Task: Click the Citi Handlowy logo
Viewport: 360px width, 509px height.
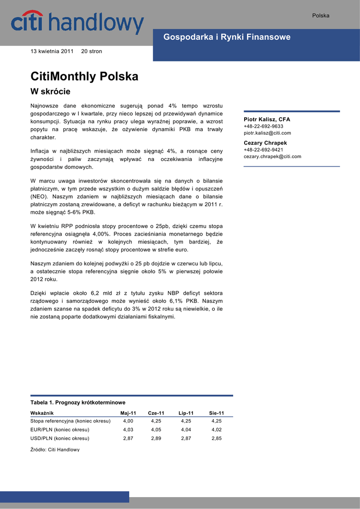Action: pos(77,24)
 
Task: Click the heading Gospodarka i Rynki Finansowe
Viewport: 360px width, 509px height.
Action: pos(227,37)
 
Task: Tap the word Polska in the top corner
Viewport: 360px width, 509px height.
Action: pos(321,15)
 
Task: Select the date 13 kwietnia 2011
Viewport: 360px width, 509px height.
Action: pos(52,51)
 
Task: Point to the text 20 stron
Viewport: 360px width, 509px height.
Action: pos(91,51)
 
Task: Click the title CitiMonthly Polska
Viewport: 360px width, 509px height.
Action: pos(85,77)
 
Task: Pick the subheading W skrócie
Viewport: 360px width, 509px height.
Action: pos(51,91)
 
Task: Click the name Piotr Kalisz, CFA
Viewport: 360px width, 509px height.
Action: pos(267,120)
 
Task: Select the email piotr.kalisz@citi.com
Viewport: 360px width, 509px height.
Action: pos(268,133)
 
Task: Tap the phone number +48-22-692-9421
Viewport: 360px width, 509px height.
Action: pos(264,150)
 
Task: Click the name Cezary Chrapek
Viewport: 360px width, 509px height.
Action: pos(265,143)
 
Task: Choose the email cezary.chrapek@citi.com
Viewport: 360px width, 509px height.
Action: pos(272,157)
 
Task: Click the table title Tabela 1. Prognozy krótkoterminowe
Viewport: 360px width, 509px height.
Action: pos(78,403)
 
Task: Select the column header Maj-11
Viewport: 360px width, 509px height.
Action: pos(128,413)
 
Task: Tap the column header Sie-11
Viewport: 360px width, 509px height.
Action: pos(216,413)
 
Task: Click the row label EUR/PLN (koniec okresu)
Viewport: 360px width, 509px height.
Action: pos(60,429)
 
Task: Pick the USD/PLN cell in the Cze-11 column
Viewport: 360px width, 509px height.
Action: pos(156,438)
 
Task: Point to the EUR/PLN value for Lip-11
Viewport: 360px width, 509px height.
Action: pos(186,429)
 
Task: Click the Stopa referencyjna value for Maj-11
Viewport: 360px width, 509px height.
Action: pos(128,421)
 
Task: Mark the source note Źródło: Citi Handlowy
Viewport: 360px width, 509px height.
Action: pos(55,449)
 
